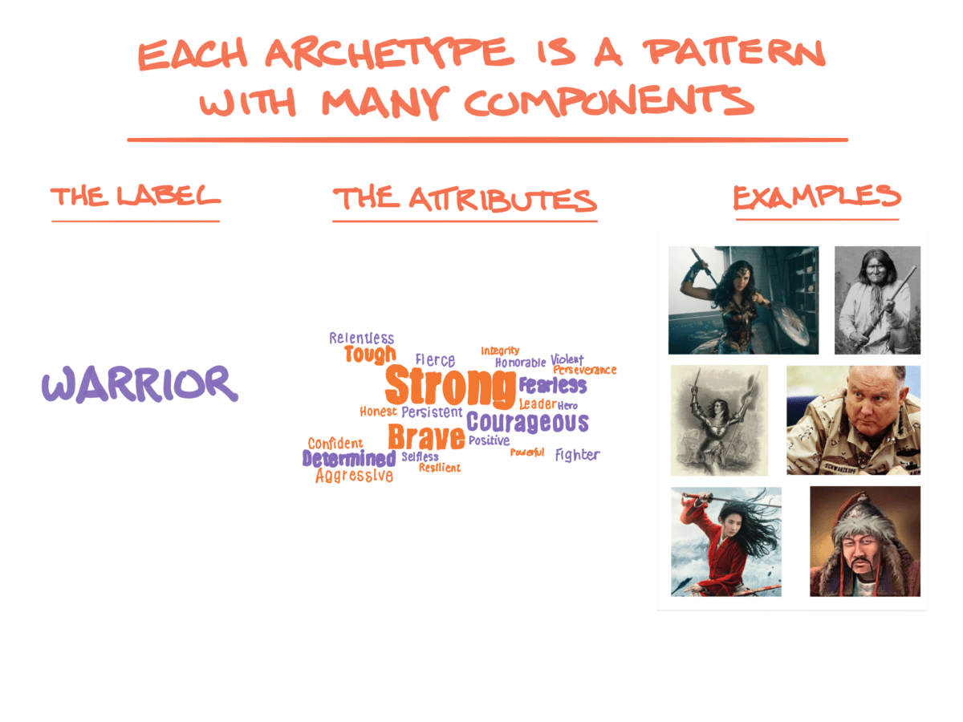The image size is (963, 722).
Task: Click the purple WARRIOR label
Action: [x=140, y=385]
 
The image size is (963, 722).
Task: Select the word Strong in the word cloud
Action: [x=449, y=387]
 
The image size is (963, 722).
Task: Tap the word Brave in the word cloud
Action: [x=426, y=437]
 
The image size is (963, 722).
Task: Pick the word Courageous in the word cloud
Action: [x=527, y=422]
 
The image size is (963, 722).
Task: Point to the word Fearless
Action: [x=552, y=385]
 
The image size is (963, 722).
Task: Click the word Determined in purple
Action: [x=349, y=459]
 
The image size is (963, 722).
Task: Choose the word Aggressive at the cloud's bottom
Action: [x=354, y=476]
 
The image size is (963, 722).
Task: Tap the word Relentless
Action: [x=361, y=339]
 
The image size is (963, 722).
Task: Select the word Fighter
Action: [x=577, y=455]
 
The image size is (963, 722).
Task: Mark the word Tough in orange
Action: [x=370, y=355]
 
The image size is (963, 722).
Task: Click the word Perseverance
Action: [x=584, y=370]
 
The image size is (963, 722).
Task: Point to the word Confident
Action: [x=335, y=444]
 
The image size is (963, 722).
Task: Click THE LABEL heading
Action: [x=135, y=197]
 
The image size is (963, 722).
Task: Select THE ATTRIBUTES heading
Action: [x=465, y=200]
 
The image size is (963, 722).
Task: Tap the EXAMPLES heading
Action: [x=816, y=197]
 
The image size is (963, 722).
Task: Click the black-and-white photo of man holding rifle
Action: [x=877, y=300]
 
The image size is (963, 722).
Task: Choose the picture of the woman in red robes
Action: [x=725, y=541]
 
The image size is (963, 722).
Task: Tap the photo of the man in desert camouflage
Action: [x=853, y=420]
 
